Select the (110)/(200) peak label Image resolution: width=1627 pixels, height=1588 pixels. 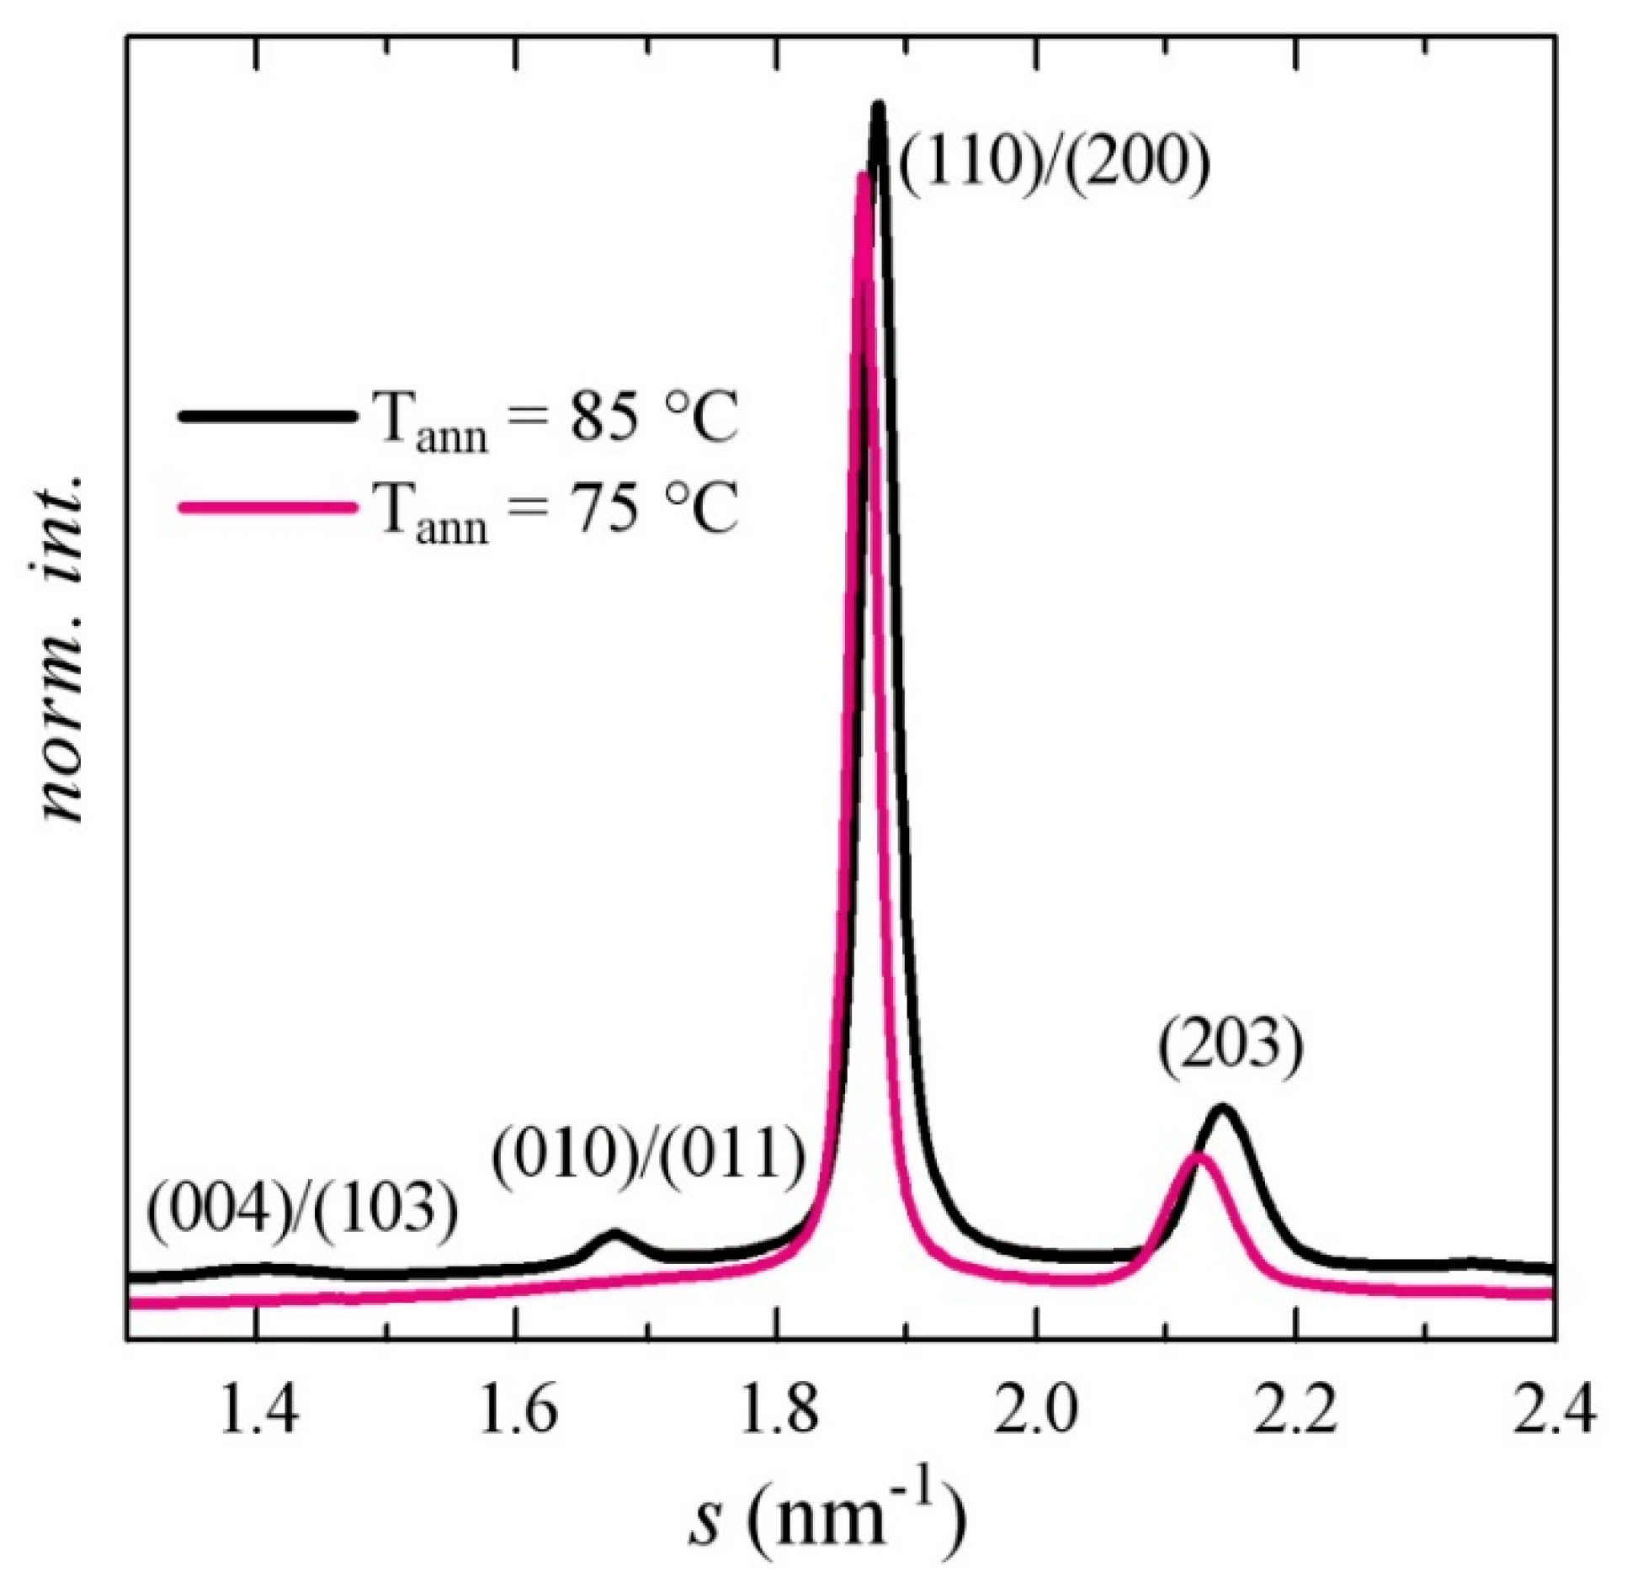tap(1052, 160)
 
